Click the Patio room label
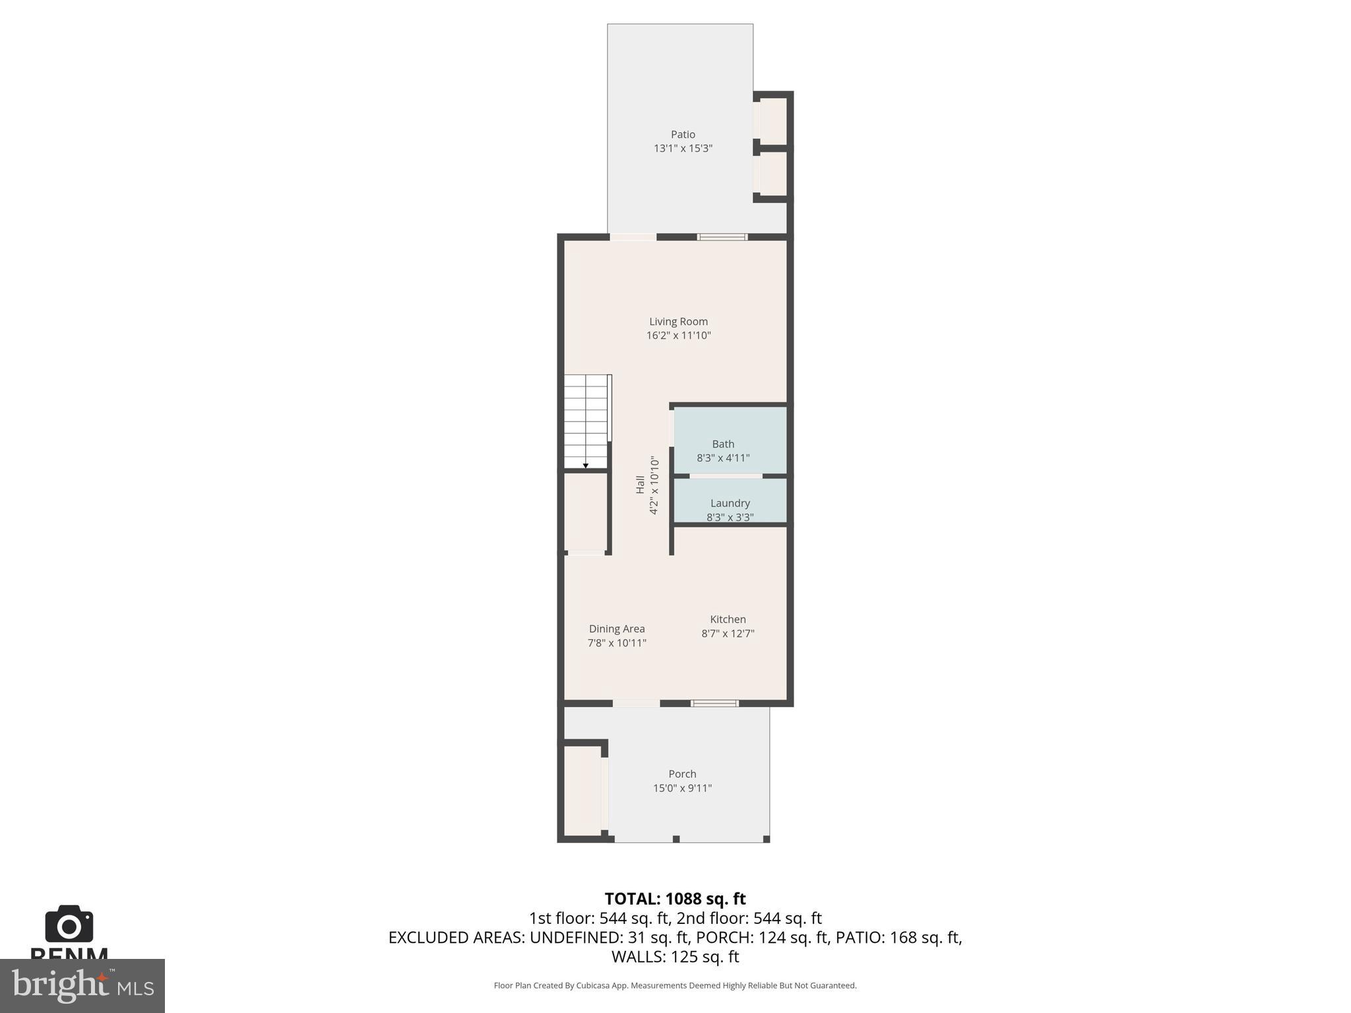[683, 135]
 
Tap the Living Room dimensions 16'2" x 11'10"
[678, 336]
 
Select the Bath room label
[723, 444]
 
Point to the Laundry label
[730, 503]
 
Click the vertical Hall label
[640, 485]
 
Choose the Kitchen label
[728, 619]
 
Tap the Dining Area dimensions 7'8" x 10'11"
[617, 643]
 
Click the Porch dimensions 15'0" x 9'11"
[682, 788]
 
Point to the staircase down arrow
[585, 466]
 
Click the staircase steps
[586, 419]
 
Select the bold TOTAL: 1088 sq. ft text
[675, 899]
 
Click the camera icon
[69, 925]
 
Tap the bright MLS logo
[82, 985]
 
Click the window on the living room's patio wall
[722, 237]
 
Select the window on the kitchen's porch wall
[714, 704]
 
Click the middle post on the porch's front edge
[676, 839]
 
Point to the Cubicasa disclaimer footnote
[675, 985]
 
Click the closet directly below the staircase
[585, 512]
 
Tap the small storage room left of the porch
[582, 790]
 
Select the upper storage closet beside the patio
[772, 121]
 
